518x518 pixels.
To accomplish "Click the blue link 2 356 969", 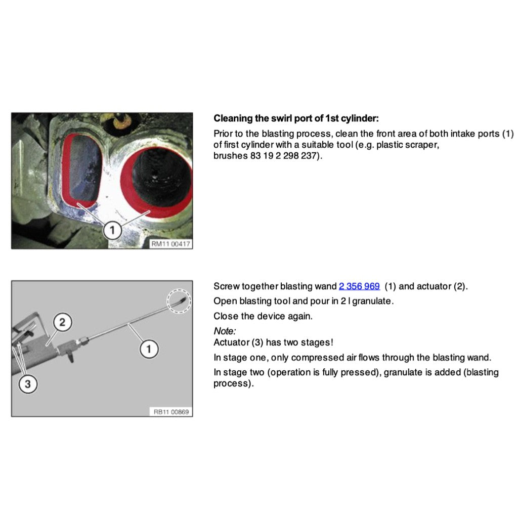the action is click(x=359, y=286).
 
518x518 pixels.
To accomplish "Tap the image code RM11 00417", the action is click(x=171, y=244).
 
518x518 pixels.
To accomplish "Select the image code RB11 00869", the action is click(x=171, y=412).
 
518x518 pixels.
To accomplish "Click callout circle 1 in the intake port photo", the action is click(x=112, y=230).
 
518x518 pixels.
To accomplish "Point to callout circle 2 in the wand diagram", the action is click(x=62, y=322).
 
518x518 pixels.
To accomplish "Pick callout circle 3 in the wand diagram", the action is click(x=28, y=384).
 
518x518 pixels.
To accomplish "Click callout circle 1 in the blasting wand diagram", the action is click(x=149, y=349).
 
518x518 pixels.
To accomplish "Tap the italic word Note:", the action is click(x=225, y=331).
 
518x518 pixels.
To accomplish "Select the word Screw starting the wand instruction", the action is click(x=226, y=286).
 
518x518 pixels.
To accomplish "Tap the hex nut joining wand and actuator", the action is click(x=84, y=340).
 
